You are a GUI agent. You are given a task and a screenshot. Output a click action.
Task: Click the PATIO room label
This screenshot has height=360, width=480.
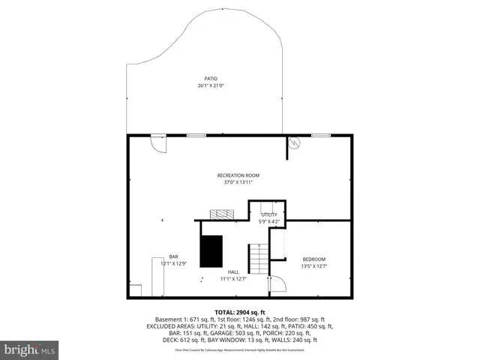tap(211, 78)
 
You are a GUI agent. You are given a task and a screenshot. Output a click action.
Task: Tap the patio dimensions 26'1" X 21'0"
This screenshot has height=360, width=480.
tap(211, 85)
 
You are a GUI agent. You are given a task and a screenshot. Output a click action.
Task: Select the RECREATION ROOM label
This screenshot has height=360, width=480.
tap(238, 175)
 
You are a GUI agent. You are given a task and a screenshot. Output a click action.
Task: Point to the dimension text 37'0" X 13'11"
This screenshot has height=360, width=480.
tap(238, 181)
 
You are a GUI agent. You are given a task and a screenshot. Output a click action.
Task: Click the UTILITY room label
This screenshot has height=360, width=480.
tap(268, 215)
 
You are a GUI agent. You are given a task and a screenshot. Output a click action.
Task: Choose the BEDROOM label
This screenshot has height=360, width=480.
tap(314, 259)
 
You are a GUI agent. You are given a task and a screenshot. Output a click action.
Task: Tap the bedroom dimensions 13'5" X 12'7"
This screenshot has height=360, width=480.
tap(314, 266)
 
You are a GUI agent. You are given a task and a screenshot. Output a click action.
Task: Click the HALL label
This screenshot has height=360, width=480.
tap(234, 271)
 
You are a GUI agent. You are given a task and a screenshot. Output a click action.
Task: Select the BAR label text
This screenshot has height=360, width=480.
tap(173, 256)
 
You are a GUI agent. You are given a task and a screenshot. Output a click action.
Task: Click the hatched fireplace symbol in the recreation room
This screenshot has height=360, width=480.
tap(223, 214)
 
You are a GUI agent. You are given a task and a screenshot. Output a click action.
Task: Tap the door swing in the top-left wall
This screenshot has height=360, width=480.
tap(158, 142)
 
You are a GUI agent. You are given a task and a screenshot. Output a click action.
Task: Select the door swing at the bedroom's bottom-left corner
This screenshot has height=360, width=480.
tap(276, 283)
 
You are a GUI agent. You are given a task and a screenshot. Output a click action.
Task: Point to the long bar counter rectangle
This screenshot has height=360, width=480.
tap(157, 277)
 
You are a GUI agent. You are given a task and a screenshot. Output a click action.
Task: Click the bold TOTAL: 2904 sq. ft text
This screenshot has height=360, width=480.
tap(239, 312)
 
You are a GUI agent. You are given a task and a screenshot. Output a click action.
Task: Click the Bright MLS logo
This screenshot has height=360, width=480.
tap(29, 349)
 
